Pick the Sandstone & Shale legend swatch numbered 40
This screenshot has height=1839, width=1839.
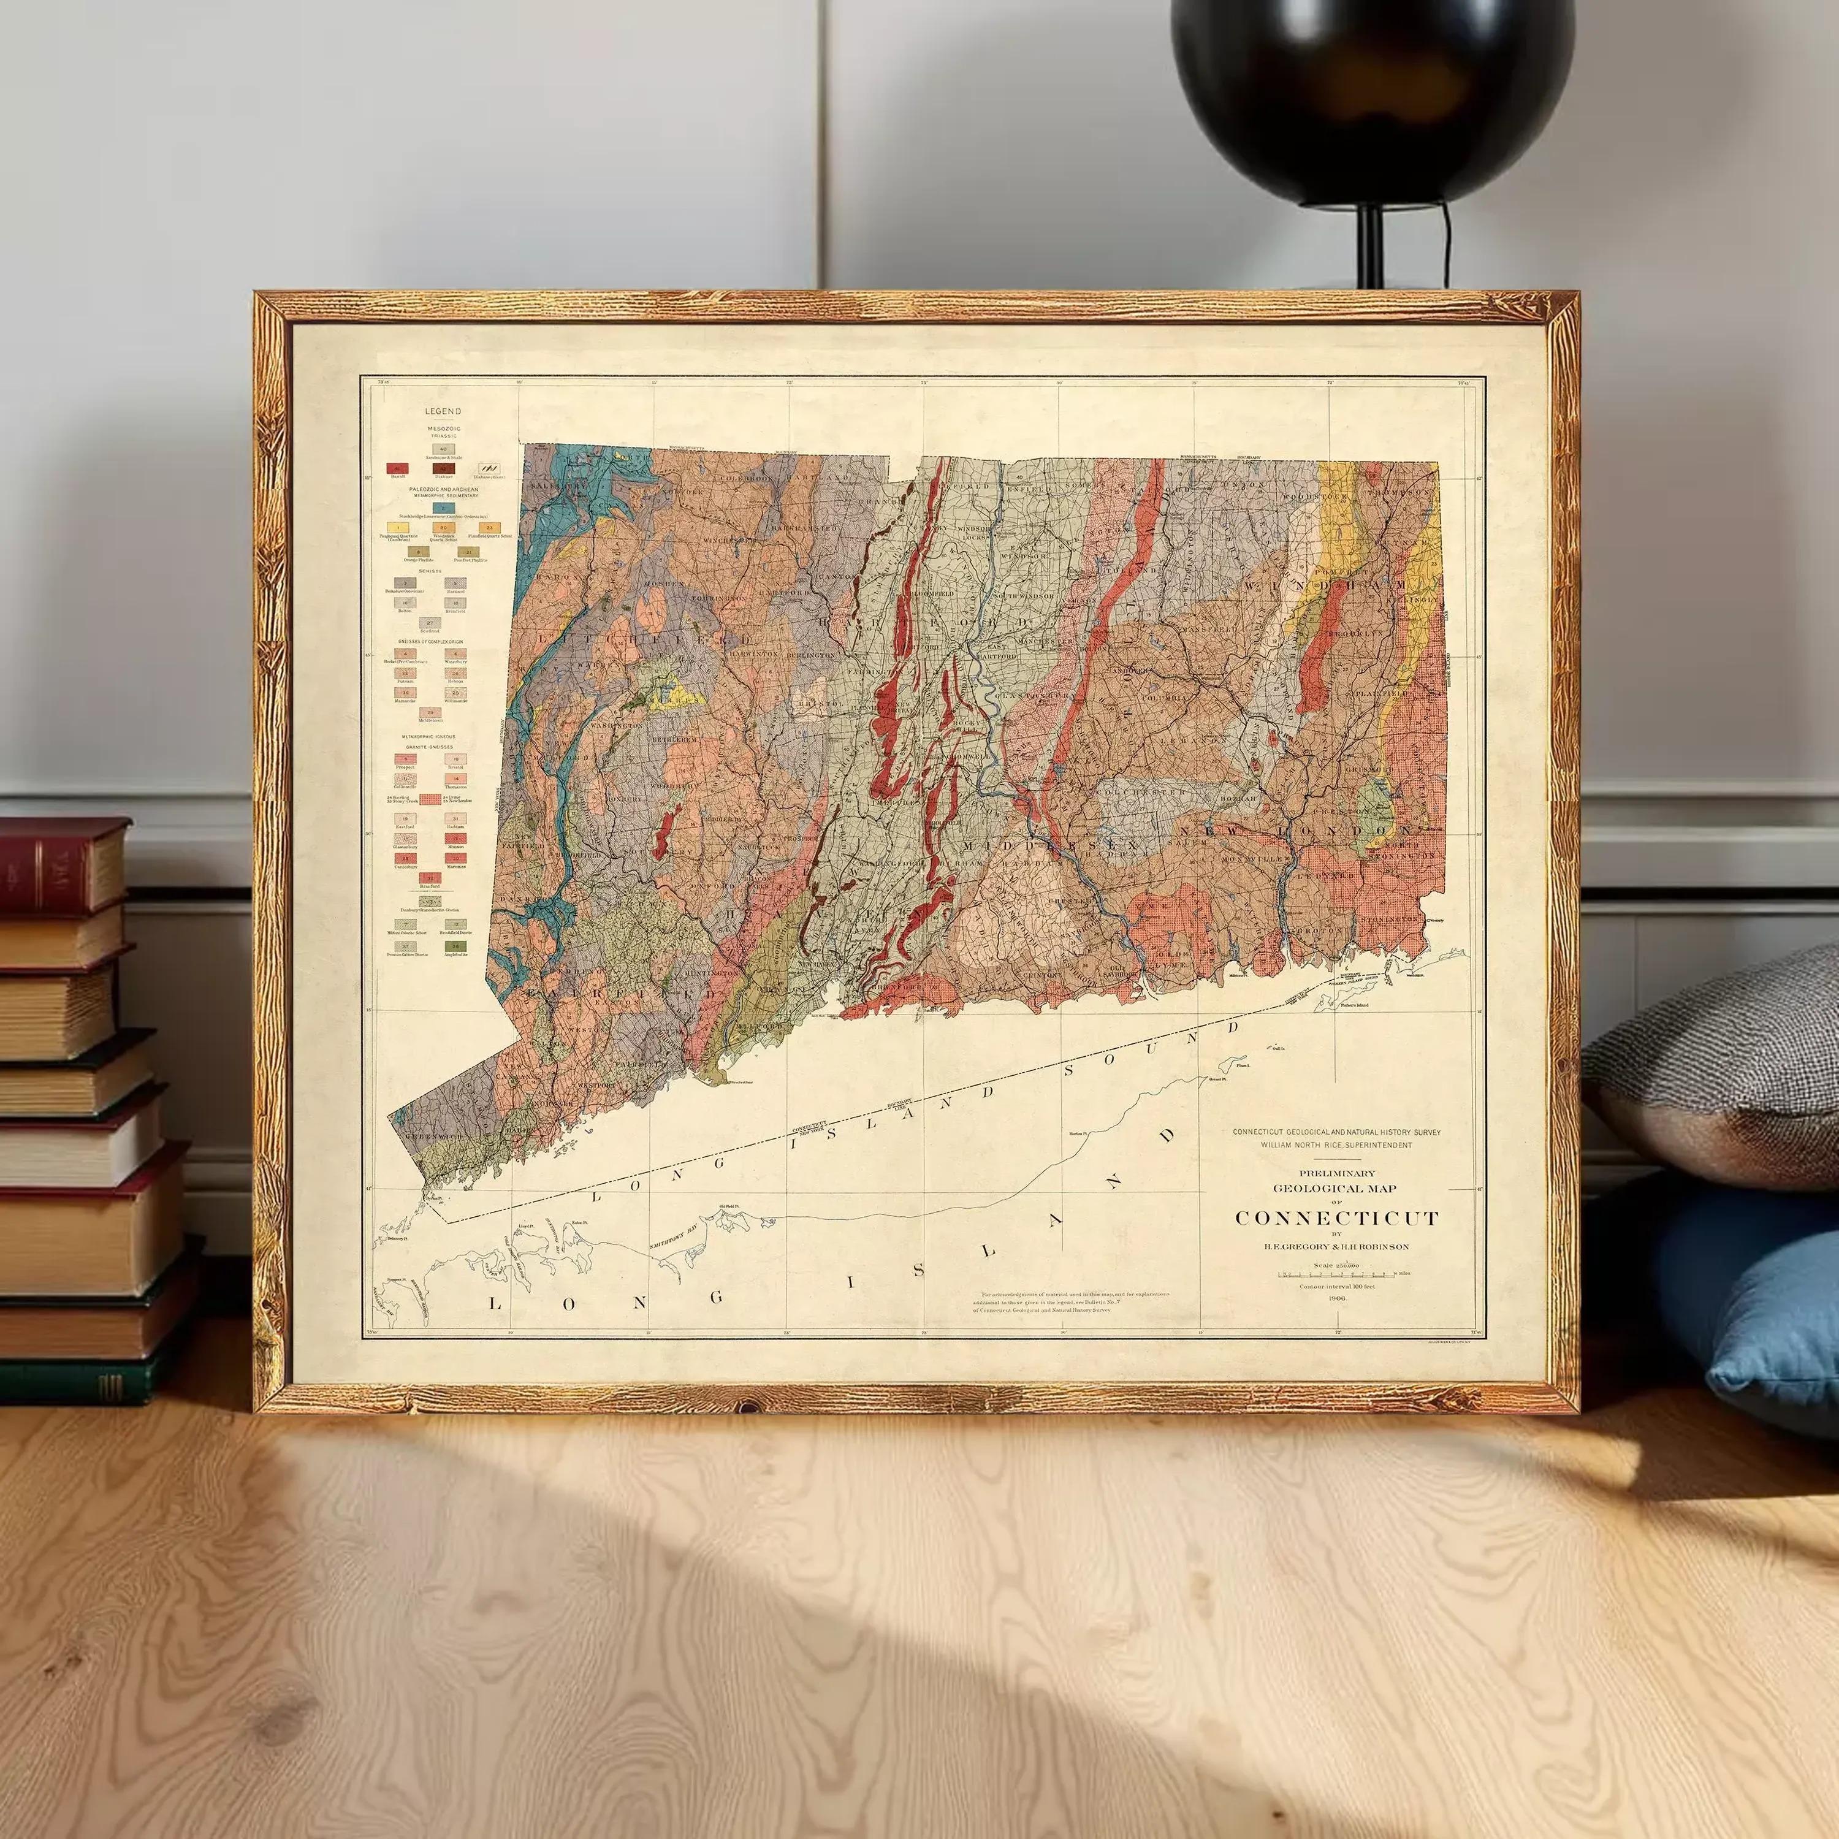[x=443, y=449]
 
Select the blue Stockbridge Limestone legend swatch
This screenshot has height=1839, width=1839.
[x=443, y=508]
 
